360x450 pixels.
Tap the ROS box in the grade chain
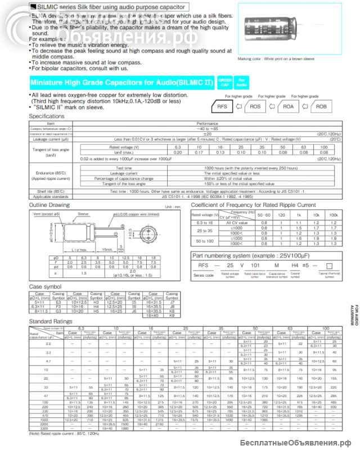(x=255, y=106)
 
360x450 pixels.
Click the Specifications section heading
(x=51, y=116)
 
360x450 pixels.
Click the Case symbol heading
(x=44, y=286)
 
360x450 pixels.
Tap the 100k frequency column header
(x=349, y=216)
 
